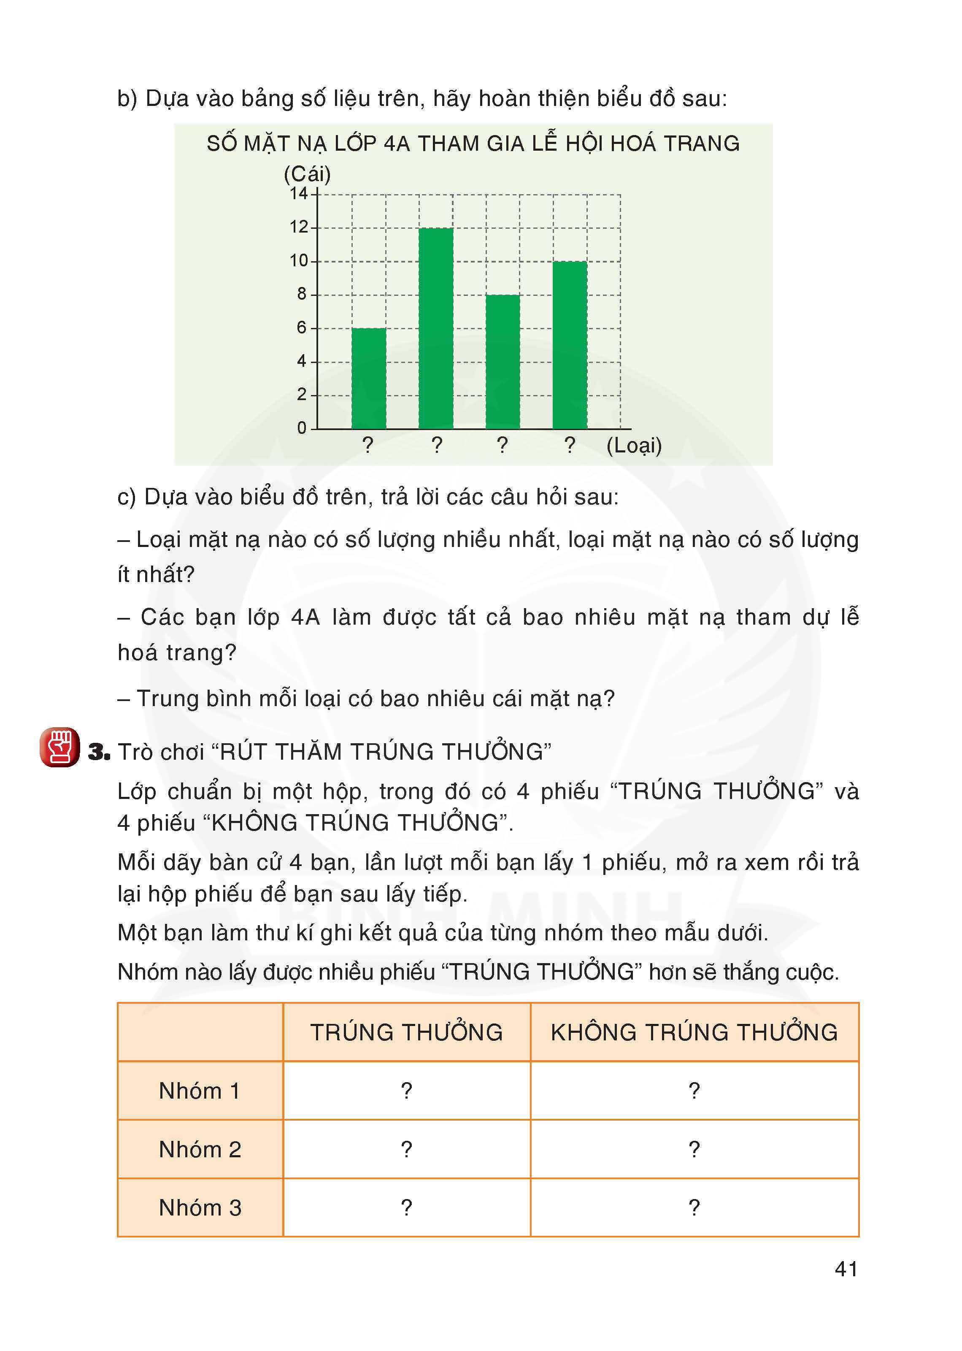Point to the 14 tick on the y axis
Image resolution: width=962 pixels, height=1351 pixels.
click(299, 194)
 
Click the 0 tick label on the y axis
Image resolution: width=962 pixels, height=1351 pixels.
click(302, 428)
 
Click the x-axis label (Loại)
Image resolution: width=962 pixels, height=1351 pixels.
click(633, 445)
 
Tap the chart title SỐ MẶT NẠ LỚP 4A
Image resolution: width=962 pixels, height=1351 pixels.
click(473, 144)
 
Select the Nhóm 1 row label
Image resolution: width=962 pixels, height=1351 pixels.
click(200, 1090)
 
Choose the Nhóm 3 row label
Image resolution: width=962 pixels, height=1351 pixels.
click(200, 1208)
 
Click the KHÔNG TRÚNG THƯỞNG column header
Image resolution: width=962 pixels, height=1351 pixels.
click(694, 1032)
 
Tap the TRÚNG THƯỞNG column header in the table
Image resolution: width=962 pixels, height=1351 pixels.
click(406, 1032)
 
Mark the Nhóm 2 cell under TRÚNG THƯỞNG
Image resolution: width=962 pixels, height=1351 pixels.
click(406, 1149)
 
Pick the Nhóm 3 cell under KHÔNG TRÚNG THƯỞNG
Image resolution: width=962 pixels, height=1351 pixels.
click(694, 1208)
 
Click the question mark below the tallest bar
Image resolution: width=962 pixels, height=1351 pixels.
click(437, 444)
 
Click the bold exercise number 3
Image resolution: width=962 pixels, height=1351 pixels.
click(99, 752)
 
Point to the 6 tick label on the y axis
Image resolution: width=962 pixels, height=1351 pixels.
click(302, 328)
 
